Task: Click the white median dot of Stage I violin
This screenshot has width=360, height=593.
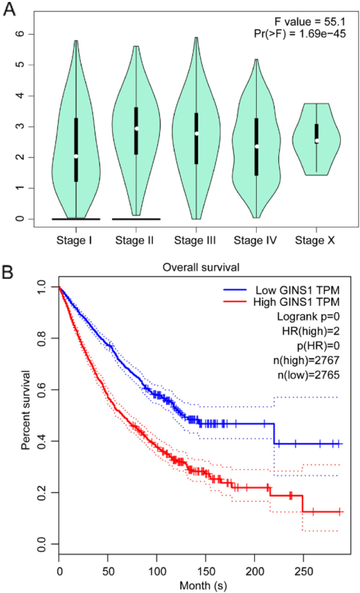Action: coord(76,156)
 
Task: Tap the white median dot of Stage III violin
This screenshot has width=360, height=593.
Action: coord(196,133)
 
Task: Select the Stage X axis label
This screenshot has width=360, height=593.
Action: coord(315,239)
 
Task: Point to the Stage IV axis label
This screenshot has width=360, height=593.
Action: coord(255,239)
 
